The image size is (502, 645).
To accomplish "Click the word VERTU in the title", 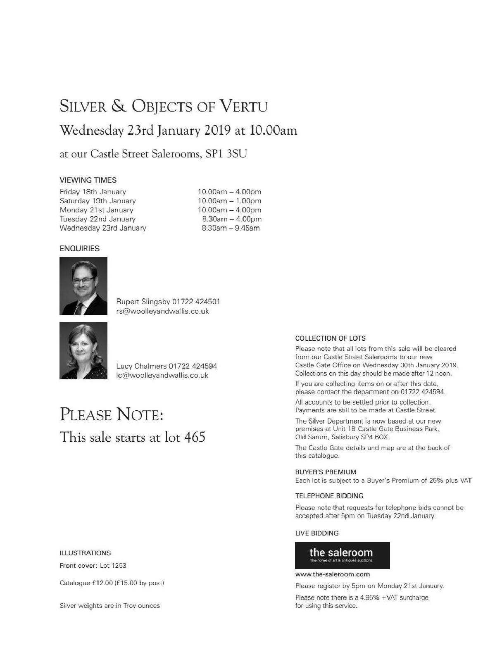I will point(243,106).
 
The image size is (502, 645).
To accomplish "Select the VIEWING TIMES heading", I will point(88,180).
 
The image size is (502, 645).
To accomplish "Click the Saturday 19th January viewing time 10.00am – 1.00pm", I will point(229,201).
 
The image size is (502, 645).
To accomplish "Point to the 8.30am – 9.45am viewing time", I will point(231,228).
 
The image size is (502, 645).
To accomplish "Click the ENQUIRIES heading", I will point(80,249).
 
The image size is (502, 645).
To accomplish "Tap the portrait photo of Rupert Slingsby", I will point(83,286).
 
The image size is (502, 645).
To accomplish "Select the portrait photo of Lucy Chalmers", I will point(83,351).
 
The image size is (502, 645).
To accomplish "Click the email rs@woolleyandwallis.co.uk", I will point(162,312).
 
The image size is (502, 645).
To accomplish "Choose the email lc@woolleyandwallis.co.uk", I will point(162,376).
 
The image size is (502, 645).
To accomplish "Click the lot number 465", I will point(195,437).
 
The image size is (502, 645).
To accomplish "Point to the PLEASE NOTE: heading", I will point(112,414).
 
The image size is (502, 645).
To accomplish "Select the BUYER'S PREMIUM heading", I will point(326,472).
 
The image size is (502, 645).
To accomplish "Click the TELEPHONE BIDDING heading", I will point(329,496).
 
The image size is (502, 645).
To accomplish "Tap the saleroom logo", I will point(342,555).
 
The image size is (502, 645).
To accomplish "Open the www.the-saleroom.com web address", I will point(332,574).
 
